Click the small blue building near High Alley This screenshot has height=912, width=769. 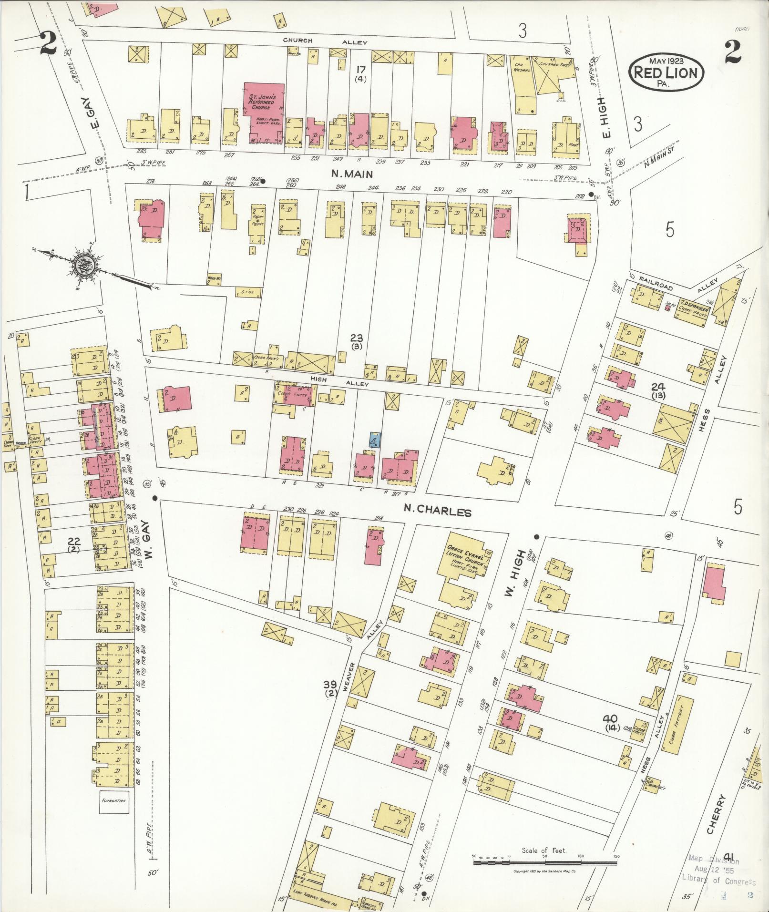click(375, 439)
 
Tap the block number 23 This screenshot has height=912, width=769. click(356, 338)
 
